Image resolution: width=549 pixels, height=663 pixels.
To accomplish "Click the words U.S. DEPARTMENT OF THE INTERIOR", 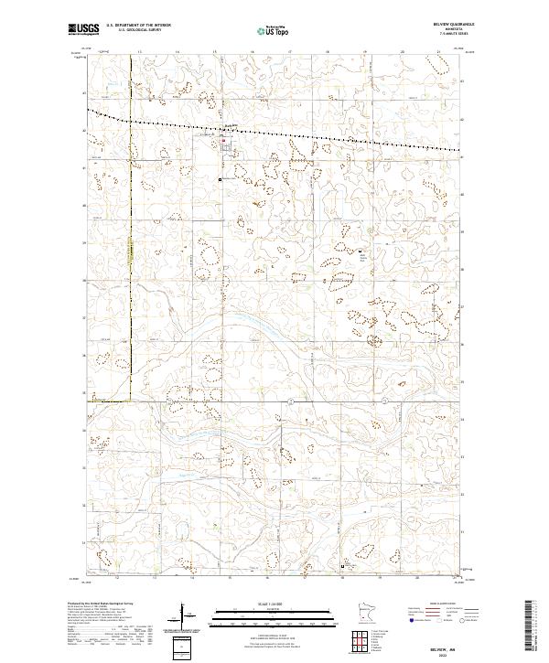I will [x=138, y=26].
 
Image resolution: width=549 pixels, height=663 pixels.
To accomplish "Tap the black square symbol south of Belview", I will [x=221, y=180].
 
